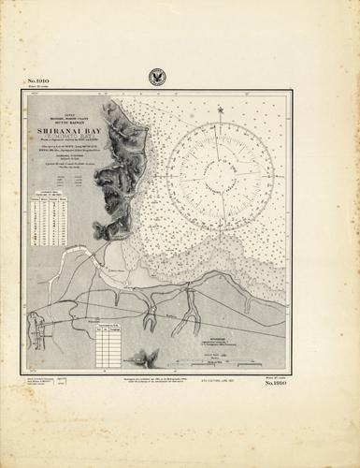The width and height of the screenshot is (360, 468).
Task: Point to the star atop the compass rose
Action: (222, 110)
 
